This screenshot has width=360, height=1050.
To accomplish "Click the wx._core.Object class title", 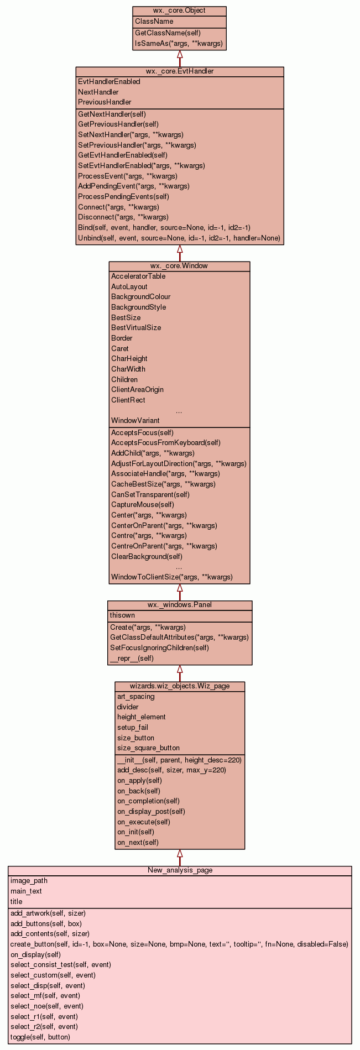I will [179, 11].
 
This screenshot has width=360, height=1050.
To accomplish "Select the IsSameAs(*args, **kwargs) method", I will [179, 43].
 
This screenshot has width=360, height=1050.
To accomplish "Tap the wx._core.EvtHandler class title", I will [180, 71].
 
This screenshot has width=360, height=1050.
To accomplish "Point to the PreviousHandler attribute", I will [105, 102].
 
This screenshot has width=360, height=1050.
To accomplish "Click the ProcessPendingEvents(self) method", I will [123, 196].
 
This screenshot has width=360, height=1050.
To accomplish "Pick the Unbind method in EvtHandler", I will [179, 238].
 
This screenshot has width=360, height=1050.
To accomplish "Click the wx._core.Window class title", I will [179, 266].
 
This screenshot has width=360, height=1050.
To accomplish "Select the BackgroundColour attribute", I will [140, 297].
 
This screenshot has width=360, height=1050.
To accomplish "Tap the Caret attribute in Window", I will [119, 349].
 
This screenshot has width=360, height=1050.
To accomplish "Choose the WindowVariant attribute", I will [135, 421].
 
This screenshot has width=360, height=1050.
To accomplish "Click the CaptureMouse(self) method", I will [142, 504].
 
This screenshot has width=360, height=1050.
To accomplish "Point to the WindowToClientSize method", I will [171, 577].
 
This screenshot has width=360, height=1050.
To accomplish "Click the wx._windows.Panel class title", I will [179, 605].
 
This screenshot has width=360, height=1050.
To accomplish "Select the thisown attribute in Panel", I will [122, 615].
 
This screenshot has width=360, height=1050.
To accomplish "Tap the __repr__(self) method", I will [132, 659].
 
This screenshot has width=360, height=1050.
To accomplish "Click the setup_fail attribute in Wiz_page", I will [132, 728].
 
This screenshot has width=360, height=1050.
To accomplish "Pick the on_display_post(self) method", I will [150, 812].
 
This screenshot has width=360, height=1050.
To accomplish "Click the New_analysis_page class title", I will [180, 870].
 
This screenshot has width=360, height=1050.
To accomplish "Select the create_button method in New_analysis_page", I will [179, 944].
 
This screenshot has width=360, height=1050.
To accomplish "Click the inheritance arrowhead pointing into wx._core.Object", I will [180, 55].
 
